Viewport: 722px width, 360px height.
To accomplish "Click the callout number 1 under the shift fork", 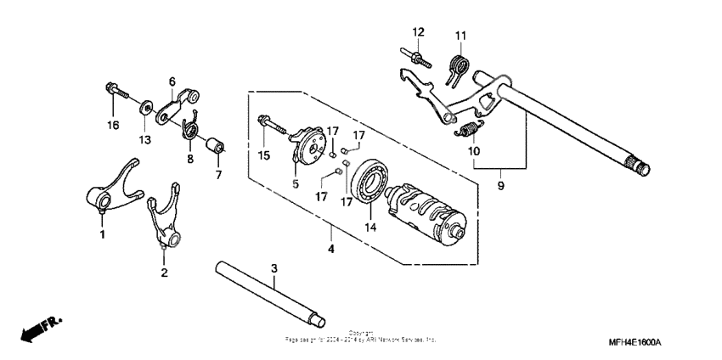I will (103, 233).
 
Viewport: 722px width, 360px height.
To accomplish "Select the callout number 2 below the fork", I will (164, 273).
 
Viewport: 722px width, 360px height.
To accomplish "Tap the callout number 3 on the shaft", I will (274, 269).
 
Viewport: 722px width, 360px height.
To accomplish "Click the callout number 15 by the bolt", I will (262, 155).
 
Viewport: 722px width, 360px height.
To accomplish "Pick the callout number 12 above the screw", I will (418, 31).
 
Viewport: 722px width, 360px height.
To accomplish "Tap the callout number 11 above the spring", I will (460, 35).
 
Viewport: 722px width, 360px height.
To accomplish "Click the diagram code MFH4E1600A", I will (634, 342).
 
